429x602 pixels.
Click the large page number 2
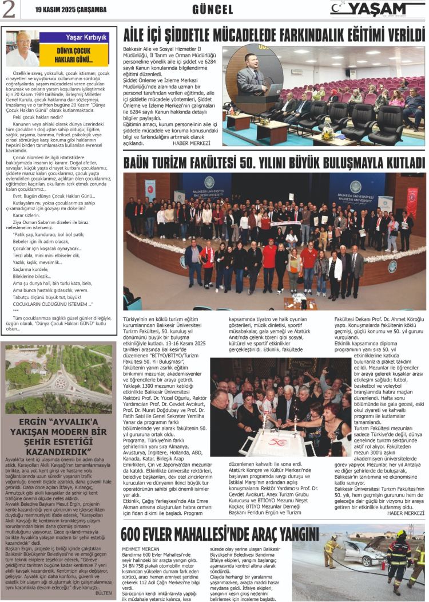(x=10, y=9)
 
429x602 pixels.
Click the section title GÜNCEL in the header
(x=212, y=10)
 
